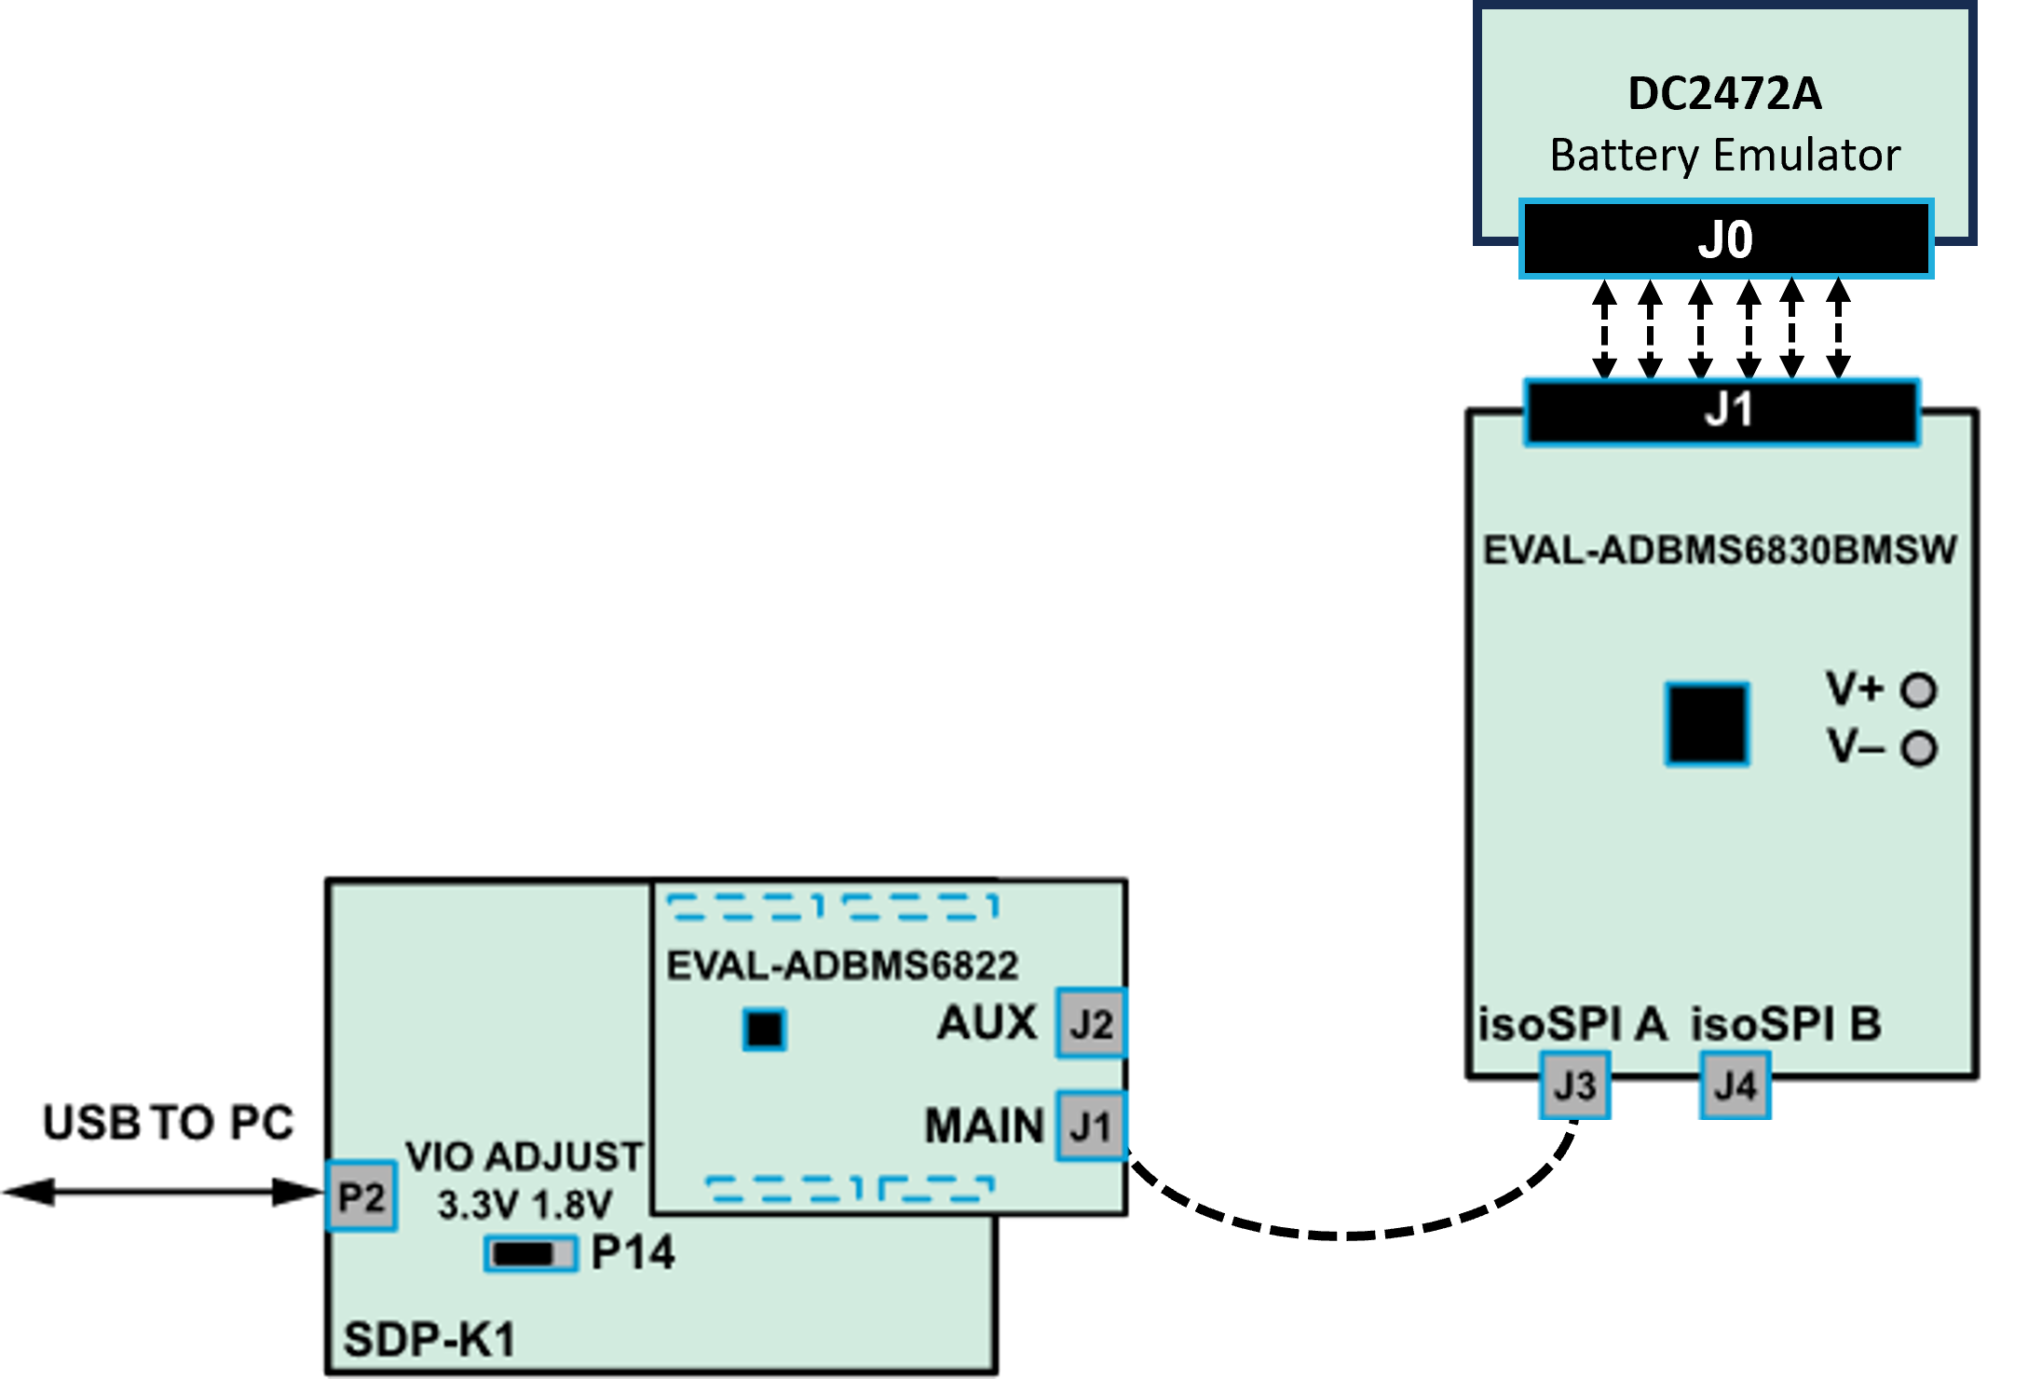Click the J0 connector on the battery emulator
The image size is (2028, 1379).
point(1725,239)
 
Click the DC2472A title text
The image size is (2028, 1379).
point(1724,94)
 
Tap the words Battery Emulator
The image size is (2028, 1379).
point(1724,155)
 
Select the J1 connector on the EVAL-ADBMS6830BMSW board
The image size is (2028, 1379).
point(1722,410)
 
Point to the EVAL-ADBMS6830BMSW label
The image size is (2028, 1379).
point(1720,550)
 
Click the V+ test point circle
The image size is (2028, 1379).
point(1919,689)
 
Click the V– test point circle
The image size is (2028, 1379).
point(1919,748)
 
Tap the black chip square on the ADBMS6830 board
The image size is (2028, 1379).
point(1707,724)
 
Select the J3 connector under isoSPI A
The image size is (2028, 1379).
point(1574,1085)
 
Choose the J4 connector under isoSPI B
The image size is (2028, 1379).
point(1735,1085)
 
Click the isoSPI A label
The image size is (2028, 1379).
point(1572,1024)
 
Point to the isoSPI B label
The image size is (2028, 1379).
point(1786,1024)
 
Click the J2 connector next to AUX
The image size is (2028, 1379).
point(1092,1023)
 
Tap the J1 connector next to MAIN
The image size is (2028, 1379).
point(1092,1126)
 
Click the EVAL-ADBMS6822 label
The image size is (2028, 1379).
point(842,965)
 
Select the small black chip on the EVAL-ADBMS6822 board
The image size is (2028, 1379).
point(765,1030)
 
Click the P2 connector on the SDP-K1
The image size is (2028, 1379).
point(361,1196)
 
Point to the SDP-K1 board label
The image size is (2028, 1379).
point(429,1340)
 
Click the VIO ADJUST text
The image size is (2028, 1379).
point(524,1156)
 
